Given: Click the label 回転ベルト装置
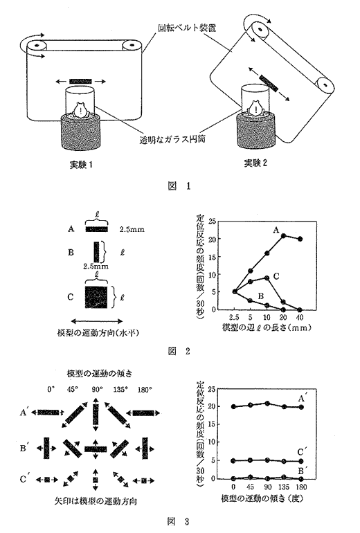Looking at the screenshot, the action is (187, 28).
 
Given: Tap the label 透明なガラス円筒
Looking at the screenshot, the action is (172, 139).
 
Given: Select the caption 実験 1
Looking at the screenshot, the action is (81, 165).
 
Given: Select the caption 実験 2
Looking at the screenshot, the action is (255, 163).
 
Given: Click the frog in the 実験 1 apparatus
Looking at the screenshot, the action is (80, 110).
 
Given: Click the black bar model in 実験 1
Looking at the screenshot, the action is (80, 81).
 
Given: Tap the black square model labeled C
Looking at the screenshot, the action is (96, 297).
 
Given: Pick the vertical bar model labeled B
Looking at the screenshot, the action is (96, 252).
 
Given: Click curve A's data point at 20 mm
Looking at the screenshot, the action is (283, 235).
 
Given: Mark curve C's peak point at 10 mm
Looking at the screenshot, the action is (267, 278).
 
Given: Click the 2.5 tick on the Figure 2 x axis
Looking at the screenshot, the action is (234, 317).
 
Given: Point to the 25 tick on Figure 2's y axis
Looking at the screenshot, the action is (212, 222).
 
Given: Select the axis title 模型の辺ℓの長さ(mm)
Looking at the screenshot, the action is (267, 327).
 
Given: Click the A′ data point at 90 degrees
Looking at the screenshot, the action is (267, 404).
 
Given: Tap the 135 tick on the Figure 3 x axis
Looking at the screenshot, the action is (284, 487).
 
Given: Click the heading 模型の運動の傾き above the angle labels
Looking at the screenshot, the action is (99, 373).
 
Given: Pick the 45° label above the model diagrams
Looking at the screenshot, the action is (73, 390).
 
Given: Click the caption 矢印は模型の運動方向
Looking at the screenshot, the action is (96, 500).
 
